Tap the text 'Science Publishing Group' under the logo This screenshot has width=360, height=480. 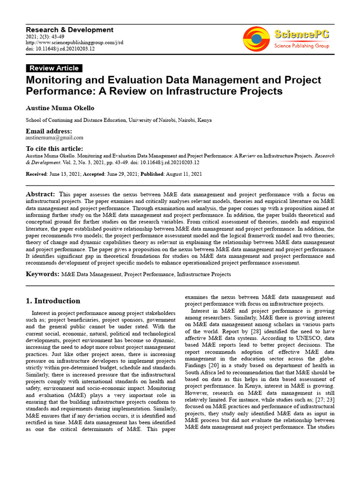click(301, 46)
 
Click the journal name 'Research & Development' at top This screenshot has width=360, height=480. click(69, 30)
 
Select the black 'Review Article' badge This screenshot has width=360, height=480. click(54, 68)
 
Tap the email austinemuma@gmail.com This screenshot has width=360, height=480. click(54, 138)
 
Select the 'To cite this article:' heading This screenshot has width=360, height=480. click(55, 149)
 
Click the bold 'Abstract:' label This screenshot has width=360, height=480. click(40, 194)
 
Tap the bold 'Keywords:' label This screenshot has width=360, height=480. click(42, 274)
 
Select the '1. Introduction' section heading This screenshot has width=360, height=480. click(53, 301)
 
